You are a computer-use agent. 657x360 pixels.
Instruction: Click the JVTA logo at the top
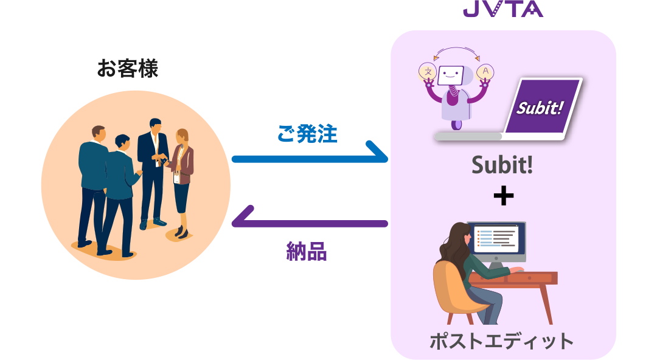(x=502, y=9)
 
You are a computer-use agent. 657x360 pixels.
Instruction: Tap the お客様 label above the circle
(x=127, y=69)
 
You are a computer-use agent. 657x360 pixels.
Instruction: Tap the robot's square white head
(x=451, y=76)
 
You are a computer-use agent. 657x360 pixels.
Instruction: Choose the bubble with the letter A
(x=485, y=72)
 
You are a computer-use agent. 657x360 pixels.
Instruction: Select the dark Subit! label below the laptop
(x=502, y=165)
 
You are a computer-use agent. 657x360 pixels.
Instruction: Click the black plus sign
(x=502, y=197)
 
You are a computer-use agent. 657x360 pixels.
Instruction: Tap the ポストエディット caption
(x=502, y=341)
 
